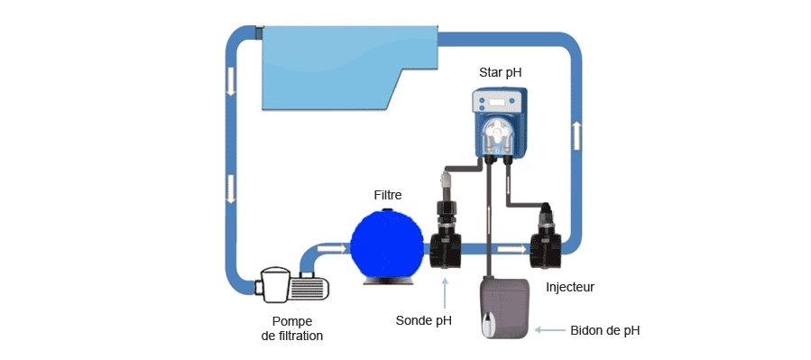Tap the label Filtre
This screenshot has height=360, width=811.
point(388,194)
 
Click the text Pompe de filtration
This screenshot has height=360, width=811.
point(285,328)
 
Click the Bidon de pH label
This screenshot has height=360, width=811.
point(605,330)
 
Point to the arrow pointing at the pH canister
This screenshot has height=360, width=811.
point(549,330)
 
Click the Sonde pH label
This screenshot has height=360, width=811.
point(423,319)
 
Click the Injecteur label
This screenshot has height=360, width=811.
point(570,287)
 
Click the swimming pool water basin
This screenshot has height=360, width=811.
point(343,68)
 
